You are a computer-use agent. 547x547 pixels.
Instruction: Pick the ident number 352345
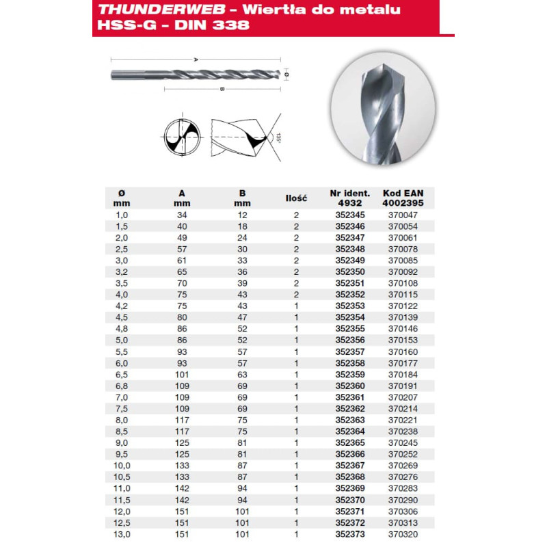tap(349, 215)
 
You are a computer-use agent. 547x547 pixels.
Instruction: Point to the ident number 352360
tap(349, 387)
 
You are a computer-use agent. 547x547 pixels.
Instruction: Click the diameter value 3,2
tap(122, 272)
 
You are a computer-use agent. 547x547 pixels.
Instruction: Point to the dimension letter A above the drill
tap(196, 60)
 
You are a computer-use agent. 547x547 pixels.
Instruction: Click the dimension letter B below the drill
tap(223, 89)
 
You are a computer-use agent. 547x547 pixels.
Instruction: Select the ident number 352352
tap(349, 295)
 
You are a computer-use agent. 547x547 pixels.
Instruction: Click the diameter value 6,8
tap(122, 387)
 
